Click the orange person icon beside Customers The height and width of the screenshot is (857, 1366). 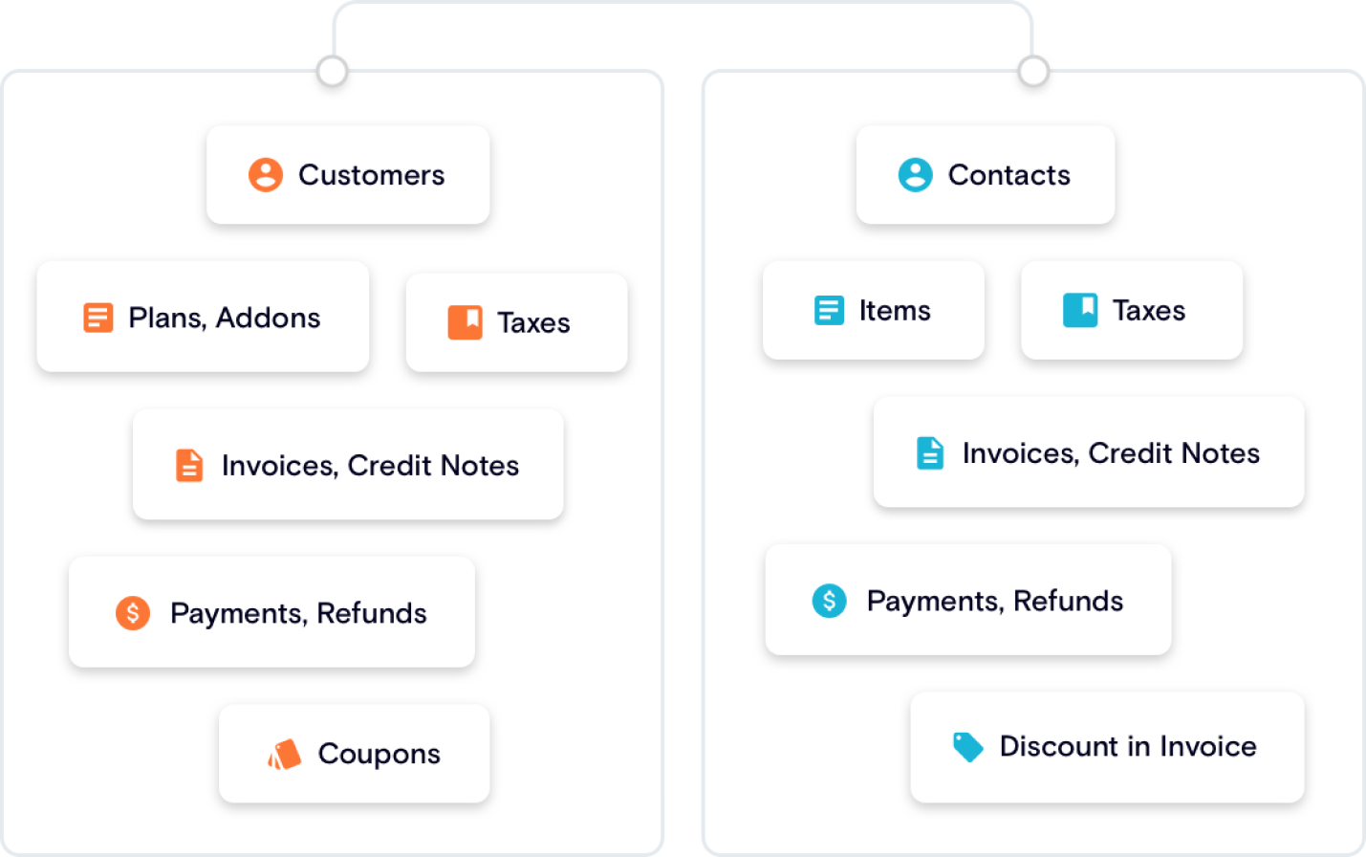266,175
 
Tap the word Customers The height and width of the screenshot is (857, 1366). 371,175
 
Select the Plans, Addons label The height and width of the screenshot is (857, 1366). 225,318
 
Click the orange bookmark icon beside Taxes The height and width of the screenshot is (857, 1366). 466,322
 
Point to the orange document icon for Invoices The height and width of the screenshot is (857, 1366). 189,466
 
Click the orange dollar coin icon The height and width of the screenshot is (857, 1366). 133,612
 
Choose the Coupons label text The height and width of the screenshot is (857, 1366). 379,754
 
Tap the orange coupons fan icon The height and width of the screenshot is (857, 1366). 284,755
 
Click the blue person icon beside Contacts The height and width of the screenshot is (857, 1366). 915,175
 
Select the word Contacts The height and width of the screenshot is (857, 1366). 1008,175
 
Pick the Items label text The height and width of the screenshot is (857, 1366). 895,311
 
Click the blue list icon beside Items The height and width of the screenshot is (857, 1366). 829,311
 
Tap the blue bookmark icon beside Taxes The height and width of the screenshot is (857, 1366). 1080,310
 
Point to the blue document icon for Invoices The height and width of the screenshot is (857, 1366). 930,453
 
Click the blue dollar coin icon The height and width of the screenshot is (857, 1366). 829,601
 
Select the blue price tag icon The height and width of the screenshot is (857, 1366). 967,747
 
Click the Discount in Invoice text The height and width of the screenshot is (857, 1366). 1128,746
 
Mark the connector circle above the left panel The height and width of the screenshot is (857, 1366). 332,71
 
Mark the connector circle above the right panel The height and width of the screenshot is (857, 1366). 1033,71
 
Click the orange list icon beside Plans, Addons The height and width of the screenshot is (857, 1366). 98,318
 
